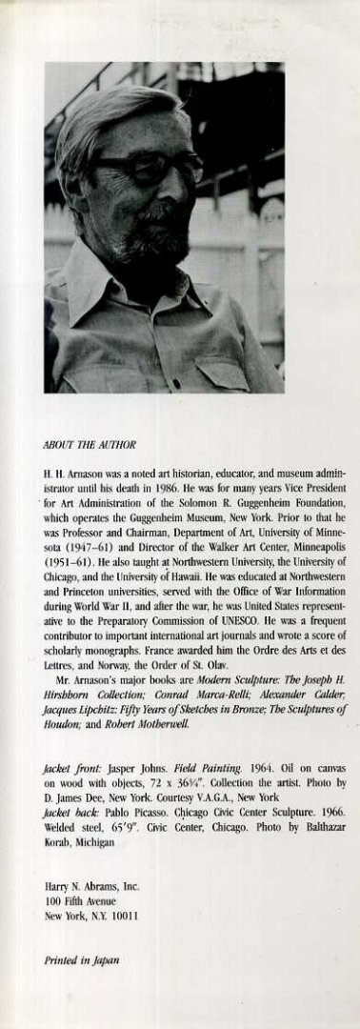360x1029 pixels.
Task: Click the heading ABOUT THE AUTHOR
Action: pyautogui.click(x=90, y=443)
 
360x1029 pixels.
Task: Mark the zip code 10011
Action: pyautogui.click(x=124, y=917)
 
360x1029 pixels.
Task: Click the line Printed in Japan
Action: pyautogui.click(x=82, y=961)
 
